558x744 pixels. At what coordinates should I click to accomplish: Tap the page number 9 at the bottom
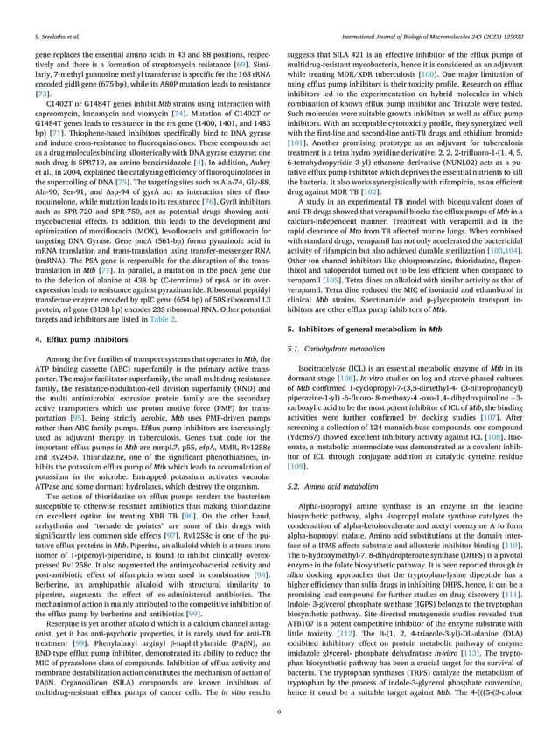[x=279, y=713]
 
